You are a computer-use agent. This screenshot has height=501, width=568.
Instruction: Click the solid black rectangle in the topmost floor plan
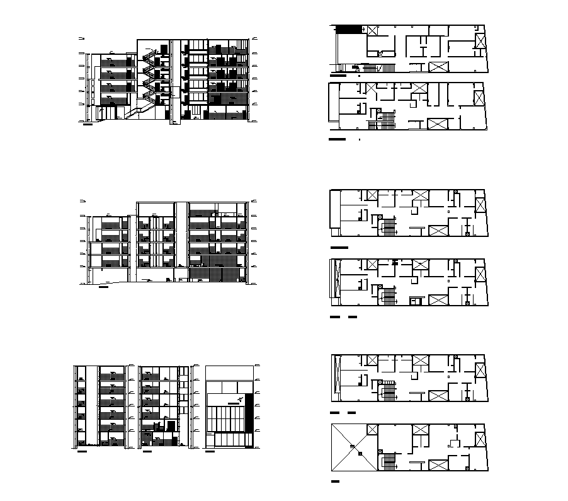348,29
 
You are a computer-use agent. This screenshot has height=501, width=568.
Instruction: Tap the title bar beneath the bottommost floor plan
335,481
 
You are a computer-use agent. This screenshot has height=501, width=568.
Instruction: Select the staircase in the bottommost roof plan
389,461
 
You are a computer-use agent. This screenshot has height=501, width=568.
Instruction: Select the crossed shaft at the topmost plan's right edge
481,42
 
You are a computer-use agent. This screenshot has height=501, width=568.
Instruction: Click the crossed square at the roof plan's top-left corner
372,430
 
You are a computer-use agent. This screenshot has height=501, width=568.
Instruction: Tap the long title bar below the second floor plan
338,138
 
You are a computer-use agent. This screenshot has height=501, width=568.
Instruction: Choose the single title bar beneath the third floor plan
339,248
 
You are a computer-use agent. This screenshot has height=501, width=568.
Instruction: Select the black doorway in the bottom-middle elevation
171,427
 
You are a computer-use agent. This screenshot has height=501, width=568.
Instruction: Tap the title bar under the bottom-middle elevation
147,451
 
